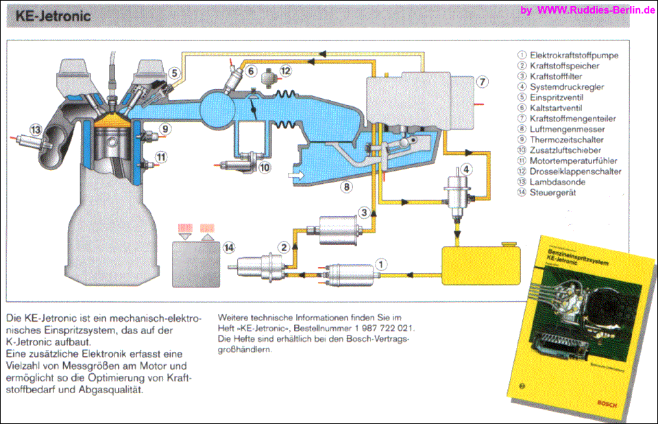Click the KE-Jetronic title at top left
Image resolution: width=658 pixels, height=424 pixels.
coord(53,16)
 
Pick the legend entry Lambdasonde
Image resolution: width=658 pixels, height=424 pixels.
coord(554,182)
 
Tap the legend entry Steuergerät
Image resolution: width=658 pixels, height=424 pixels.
coord(552,193)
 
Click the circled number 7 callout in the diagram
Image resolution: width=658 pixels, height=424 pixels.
coord(482,82)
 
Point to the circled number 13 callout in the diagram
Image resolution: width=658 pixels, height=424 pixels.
coord(36,130)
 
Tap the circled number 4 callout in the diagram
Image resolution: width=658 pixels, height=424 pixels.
coord(466,169)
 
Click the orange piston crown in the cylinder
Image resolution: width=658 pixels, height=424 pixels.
coord(112,121)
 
